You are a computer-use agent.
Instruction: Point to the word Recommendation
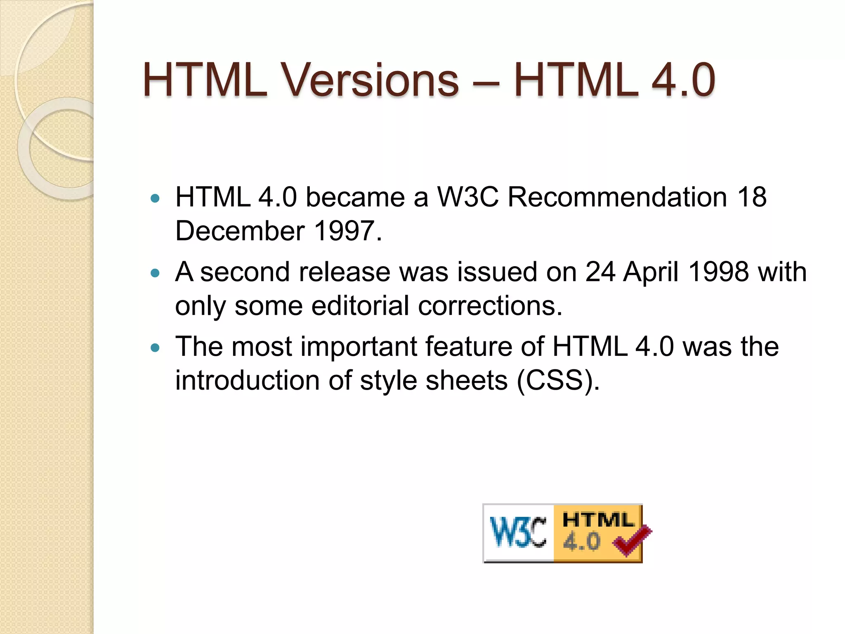click(617, 197)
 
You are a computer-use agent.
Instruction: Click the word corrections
click(490, 306)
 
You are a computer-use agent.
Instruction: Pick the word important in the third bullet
click(359, 347)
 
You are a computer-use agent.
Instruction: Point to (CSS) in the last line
click(557, 381)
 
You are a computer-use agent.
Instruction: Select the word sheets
click(467, 381)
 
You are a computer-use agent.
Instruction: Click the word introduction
click(247, 381)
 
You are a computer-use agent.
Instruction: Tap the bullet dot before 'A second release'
click(155, 273)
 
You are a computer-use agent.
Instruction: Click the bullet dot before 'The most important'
click(155, 348)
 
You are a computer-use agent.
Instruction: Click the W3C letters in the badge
click(518, 532)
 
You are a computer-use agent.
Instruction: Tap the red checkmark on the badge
click(631, 541)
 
